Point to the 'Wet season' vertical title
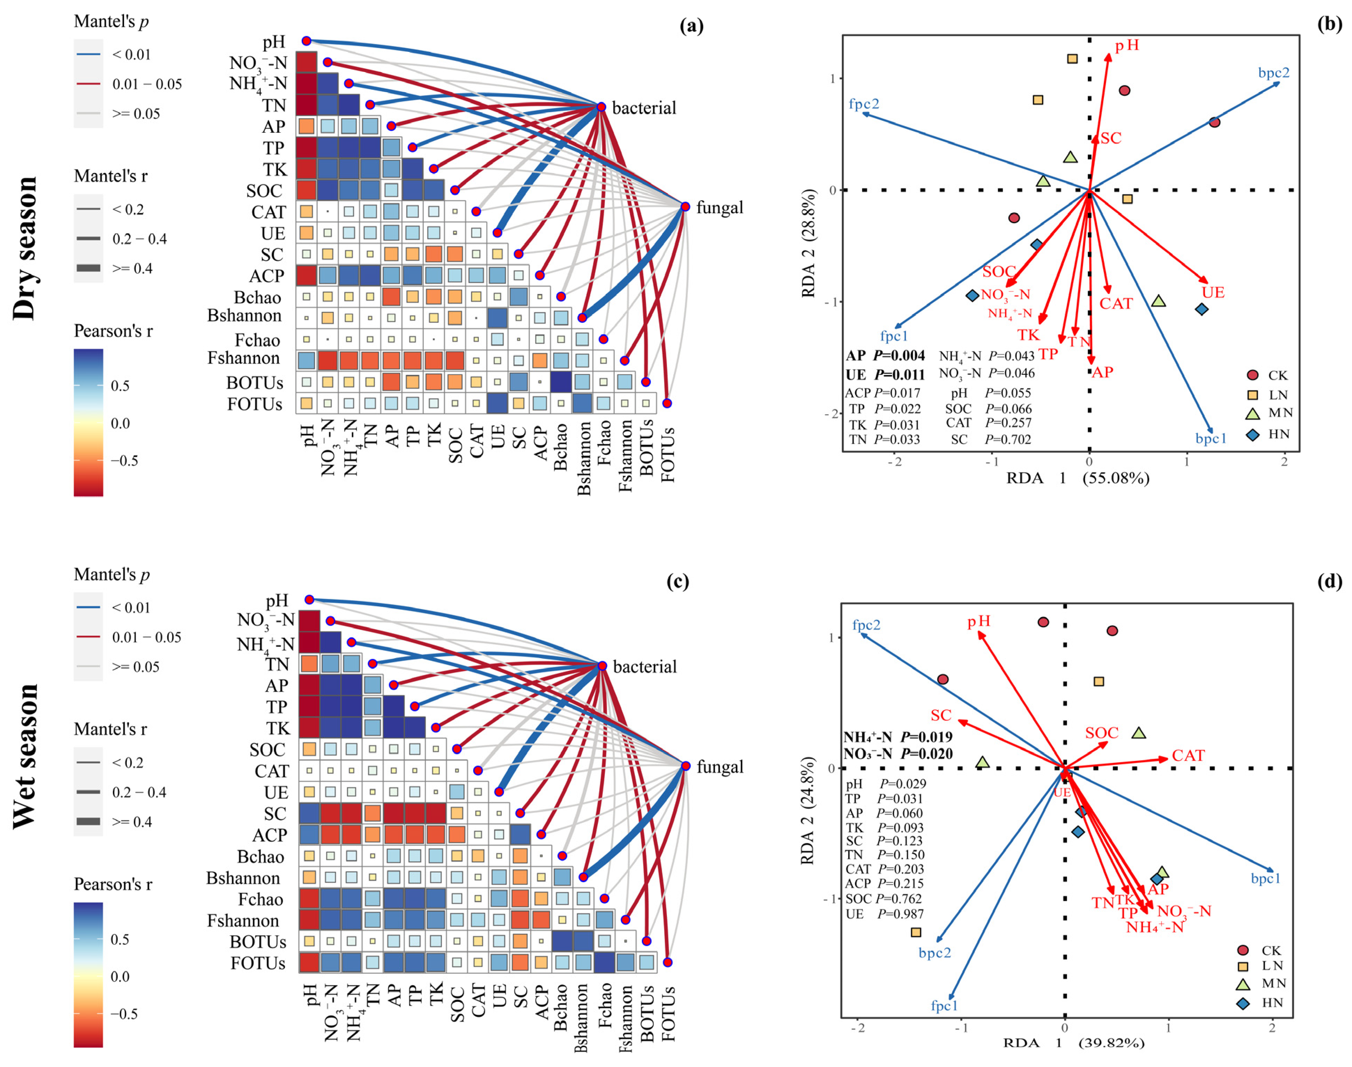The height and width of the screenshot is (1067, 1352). coord(25,756)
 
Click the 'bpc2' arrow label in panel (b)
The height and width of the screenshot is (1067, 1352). coord(1273,73)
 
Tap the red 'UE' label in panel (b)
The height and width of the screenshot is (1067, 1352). coord(1213,293)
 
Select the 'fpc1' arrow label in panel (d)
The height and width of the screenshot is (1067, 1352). coord(944,1005)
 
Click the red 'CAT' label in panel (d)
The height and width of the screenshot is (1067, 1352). coord(1188,756)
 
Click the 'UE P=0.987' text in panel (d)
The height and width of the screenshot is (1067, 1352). coord(884,914)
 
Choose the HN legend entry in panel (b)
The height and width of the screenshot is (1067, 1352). coord(1269,434)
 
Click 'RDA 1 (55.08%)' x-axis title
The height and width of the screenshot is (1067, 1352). coord(1077,478)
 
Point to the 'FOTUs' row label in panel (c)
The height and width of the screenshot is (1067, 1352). coord(258,963)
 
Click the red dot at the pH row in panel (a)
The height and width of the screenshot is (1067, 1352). coord(306,41)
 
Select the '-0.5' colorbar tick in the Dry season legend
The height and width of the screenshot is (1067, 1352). coord(124,460)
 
